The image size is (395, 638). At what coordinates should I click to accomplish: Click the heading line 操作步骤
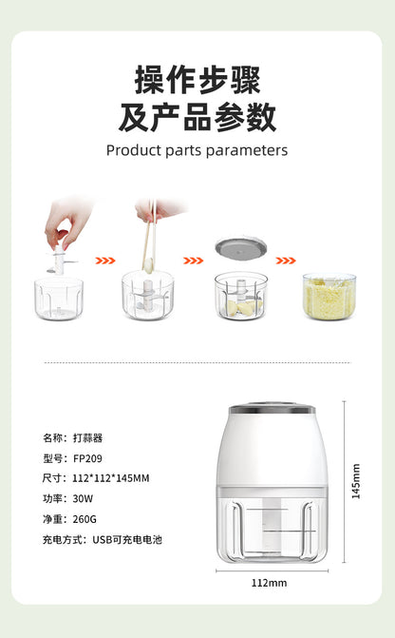[x=197, y=79]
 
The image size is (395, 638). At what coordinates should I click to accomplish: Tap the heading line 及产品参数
[x=197, y=116]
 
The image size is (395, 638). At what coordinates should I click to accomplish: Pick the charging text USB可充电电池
[x=127, y=539]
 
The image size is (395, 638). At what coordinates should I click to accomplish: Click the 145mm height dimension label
[x=356, y=480]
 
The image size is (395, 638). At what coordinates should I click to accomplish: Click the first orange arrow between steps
[x=105, y=260]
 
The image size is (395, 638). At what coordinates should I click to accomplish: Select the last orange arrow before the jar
[x=285, y=260]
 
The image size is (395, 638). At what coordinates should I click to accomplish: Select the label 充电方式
[x=61, y=539]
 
